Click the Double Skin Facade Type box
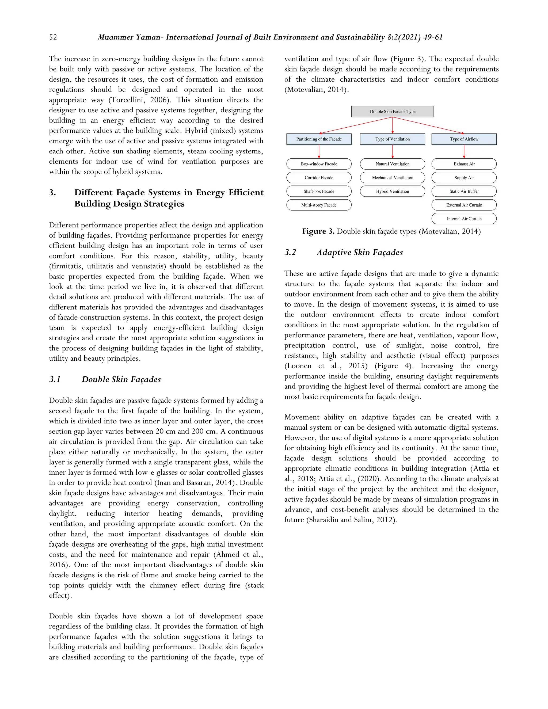coord(392,111)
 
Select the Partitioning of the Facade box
coord(319,139)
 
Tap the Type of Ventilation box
coord(392,139)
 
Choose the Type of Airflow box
coord(464,139)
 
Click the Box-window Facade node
coord(319,164)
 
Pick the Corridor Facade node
coord(319,178)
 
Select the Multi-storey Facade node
coord(319,205)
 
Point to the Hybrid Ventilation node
coord(392,191)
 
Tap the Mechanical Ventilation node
coord(392,178)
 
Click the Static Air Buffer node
coord(464,191)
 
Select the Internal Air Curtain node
coord(464,219)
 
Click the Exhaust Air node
coord(464,164)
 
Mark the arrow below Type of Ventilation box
coord(393,152)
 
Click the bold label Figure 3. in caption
coord(318,231)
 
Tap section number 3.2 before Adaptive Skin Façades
coord(290,253)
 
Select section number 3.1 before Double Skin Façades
coord(55,379)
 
